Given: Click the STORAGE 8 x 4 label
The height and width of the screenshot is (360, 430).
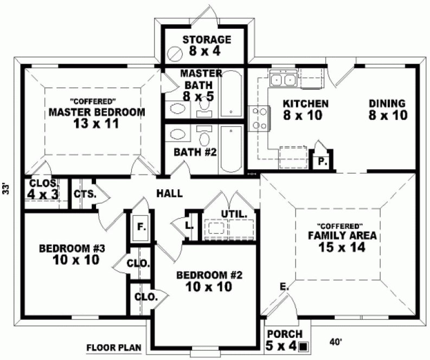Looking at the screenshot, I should pos(207,46).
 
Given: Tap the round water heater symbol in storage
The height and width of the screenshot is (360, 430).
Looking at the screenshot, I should pos(175,54).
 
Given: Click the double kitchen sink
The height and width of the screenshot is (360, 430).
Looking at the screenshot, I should pos(283,80).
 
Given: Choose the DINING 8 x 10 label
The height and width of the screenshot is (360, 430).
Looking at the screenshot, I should pos(387,109).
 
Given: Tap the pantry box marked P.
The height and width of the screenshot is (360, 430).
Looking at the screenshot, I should pos(321,161).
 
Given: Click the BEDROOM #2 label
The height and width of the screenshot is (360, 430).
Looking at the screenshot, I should pos(209,280).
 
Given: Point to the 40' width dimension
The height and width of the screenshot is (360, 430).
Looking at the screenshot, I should pos(337,342).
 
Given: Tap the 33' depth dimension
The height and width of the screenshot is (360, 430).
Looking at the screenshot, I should pos(7,189).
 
